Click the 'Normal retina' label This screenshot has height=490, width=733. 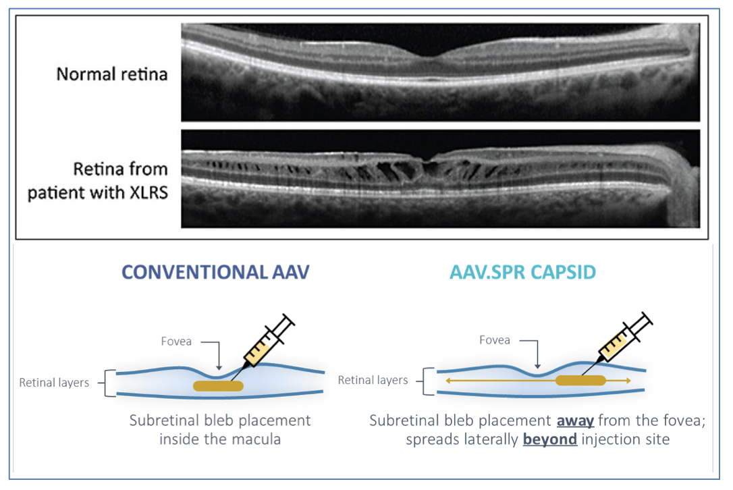click(x=112, y=74)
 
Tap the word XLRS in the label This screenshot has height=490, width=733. click(x=146, y=192)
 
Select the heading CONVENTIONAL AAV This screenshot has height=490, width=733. click(x=215, y=272)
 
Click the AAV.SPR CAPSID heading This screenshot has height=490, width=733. click(x=522, y=272)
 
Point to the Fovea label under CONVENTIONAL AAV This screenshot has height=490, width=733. click(x=176, y=342)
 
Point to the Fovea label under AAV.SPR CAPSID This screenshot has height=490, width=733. click(x=495, y=340)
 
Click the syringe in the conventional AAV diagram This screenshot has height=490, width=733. click(x=264, y=344)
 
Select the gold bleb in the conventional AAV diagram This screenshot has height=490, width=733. click(x=218, y=386)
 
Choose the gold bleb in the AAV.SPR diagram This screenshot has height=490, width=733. click(x=580, y=380)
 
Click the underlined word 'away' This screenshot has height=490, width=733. click(x=575, y=420)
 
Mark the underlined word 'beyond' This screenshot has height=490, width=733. click(x=549, y=439)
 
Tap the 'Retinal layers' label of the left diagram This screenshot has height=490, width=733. click(x=54, y=383)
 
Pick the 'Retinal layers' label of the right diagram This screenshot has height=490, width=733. click(x=373, y=380)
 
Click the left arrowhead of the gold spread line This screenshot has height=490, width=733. click(x=448, y=381)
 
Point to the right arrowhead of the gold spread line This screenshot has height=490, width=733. click(x=628, y=381)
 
